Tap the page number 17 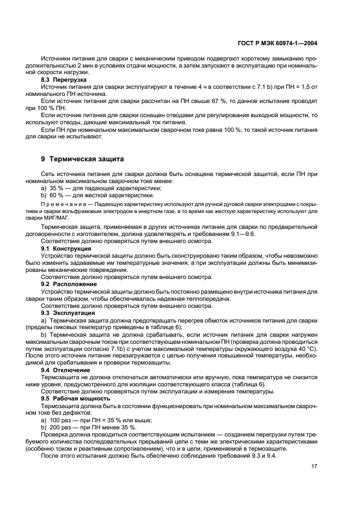coord(314,466)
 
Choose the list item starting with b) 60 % coord(91,195)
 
